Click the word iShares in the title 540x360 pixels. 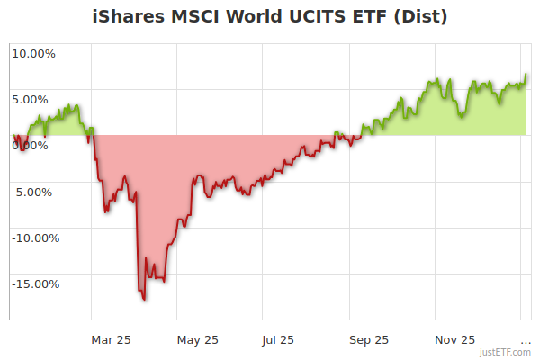[129, 17]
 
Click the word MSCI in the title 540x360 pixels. [197, 17]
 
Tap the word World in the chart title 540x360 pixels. [261, 17]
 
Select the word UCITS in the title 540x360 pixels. [328, 17]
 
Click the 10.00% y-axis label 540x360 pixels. [33, 54]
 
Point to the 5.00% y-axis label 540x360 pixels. [33, 100]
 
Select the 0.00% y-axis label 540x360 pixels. [33, 146]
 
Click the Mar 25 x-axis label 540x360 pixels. [112, 340]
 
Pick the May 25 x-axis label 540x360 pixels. [198, 340]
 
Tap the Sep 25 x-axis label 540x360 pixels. [369, 340]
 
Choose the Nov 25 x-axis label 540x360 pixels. [455, 340]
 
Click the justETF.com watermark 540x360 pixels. [507, 354]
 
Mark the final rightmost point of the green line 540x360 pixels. [526, 75]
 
